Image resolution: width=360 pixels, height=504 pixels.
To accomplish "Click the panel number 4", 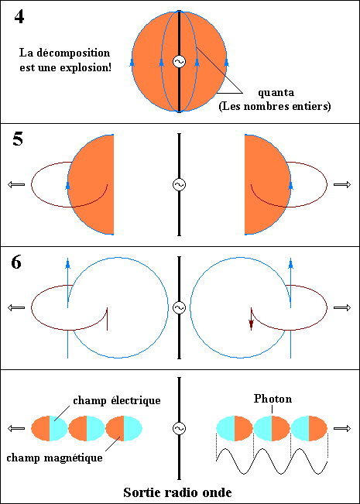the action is [x=19, y=17].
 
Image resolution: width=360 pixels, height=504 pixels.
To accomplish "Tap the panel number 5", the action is [x=18, y=139].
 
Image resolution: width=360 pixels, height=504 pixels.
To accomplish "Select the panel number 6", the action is [x=16, y=262].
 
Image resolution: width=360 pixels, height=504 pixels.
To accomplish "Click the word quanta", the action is [x=276, y=93].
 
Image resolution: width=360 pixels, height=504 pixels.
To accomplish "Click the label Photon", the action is [x=273, y=399].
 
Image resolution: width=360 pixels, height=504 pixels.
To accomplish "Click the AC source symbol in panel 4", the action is [x=179, y=61].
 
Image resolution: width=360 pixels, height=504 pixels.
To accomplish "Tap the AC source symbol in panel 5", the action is [x=179, y=184].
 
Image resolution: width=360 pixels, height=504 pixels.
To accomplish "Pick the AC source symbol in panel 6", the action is [x=179, y=307].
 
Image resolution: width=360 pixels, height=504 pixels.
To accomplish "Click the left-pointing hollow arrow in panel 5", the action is [x=16, y=184].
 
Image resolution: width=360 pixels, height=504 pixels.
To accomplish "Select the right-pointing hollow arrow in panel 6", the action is [x=342, y=307].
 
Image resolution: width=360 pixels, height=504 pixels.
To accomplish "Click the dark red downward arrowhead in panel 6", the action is [x=251, y=325].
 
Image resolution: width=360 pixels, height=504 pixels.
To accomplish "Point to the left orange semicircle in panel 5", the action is [x=91, y=184].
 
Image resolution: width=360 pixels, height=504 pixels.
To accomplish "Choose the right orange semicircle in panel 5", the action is [x=268, y=184].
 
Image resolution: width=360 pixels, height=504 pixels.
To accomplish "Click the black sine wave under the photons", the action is [x=272, y=461].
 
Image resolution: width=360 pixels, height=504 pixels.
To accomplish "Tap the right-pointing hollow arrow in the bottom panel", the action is [x=342, y=428].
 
